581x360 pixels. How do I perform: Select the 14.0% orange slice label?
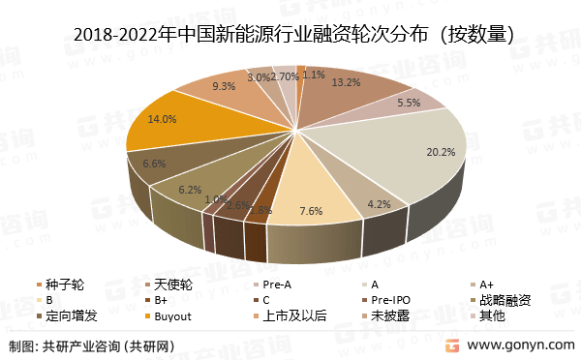[162, 119]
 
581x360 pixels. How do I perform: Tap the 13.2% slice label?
[347, 82]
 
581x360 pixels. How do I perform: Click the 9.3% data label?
[224, 86]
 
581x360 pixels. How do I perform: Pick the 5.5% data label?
[410, 103]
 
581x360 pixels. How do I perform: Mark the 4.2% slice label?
[379, 203]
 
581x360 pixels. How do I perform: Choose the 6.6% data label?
[154, 164]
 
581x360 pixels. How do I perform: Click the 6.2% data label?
[190, 191]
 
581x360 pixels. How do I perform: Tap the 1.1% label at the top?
[314, 74]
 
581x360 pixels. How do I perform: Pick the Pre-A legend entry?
[280, 285]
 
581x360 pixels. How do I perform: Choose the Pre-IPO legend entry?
[390, 300]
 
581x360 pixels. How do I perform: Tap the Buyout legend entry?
[175, 315]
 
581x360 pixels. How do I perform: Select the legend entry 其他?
[493, 315]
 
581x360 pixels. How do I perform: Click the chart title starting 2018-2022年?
[291, 36]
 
